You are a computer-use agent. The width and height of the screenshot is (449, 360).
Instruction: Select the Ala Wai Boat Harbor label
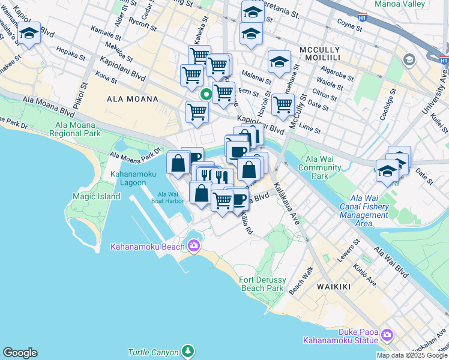[x=170, y=197]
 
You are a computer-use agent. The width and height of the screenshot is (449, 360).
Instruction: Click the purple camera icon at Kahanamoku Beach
[x=193, y=245]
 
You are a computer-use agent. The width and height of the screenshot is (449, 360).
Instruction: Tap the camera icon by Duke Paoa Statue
[x=387, y=334]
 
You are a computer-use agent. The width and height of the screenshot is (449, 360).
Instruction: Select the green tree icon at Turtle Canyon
[x=188, y=350]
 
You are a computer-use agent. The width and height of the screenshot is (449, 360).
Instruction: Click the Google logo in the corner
[x=20, y=353]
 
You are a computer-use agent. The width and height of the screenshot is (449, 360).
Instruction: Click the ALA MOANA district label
[x=132, y=99]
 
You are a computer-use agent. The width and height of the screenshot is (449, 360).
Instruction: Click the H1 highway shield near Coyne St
[x=362, y=18]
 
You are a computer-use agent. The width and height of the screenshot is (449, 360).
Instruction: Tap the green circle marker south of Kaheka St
[x=205, y=94]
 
